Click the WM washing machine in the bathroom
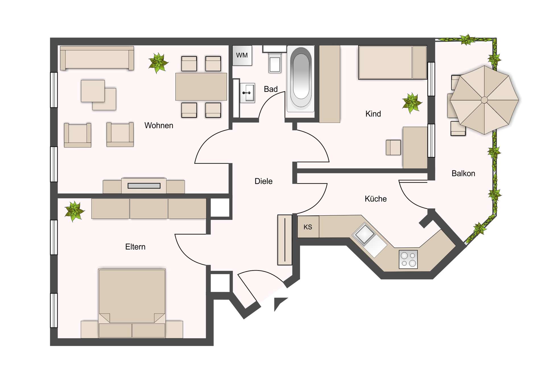242,55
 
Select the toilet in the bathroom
275,63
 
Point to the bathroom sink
247,93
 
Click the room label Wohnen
159,125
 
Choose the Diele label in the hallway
263,181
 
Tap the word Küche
375,199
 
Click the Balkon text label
463,174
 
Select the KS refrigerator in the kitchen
308,227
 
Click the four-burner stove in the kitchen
408,259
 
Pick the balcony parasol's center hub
484,100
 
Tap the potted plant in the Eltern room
74,211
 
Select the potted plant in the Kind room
412,103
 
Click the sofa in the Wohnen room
97,58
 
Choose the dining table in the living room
201,87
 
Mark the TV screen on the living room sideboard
144,186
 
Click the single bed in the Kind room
392,63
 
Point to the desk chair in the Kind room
393,147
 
